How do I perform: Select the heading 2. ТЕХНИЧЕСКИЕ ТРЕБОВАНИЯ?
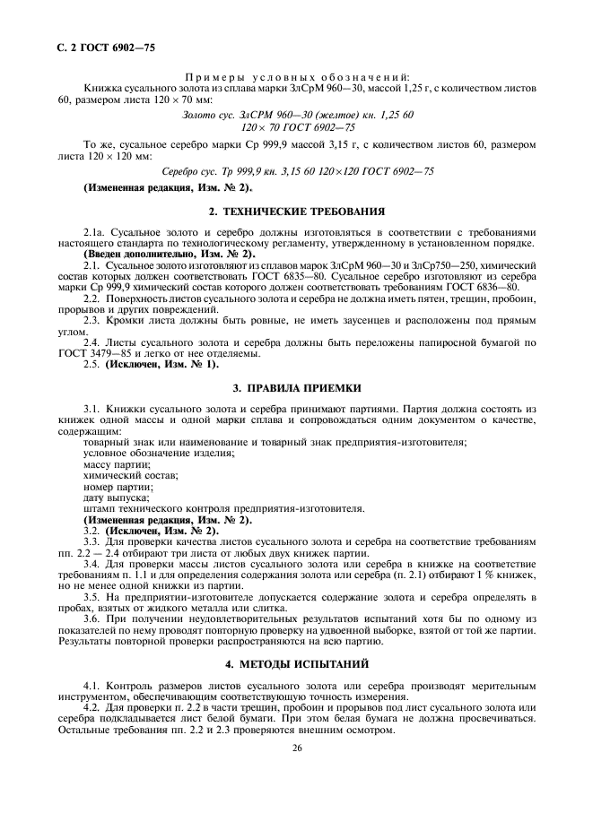click(296, 212)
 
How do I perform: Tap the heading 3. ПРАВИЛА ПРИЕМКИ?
click(296, 387)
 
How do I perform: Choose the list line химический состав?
click(130, 475)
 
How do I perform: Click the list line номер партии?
click(118, 487)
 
